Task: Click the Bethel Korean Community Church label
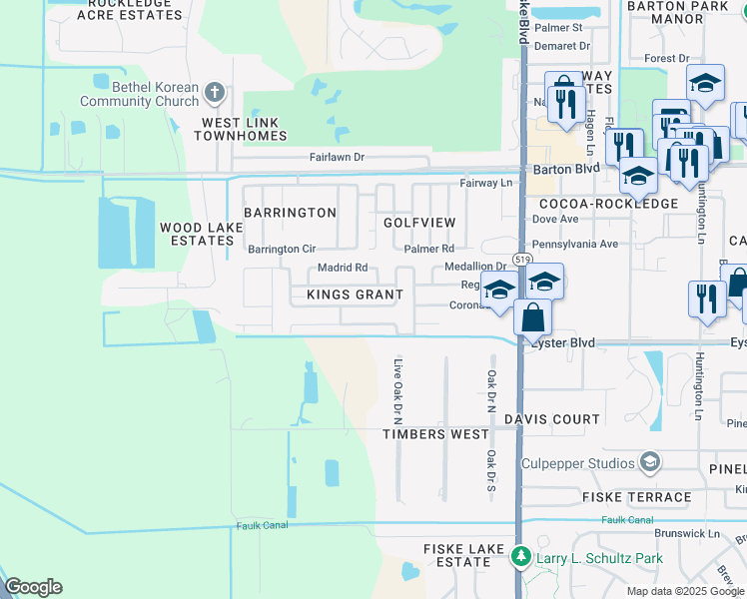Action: [141, 94]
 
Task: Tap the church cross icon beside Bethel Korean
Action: [213, 94]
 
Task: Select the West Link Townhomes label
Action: [247, 129]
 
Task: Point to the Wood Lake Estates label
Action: [197, 234]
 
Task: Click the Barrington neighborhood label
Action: [290, 213]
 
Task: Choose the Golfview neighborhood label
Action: [419, 222]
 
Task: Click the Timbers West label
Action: [436, 434]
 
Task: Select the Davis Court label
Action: [551, 419]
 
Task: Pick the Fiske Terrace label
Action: [637, 497]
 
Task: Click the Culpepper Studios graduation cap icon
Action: [650, 462]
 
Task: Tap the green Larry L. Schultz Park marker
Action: [519, 555]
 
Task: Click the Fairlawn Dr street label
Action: [337, 158]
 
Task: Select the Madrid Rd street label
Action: [343, 268]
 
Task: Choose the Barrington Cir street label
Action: [282, 249]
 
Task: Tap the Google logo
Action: [33, 587]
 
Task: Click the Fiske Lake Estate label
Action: [456, 555]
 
